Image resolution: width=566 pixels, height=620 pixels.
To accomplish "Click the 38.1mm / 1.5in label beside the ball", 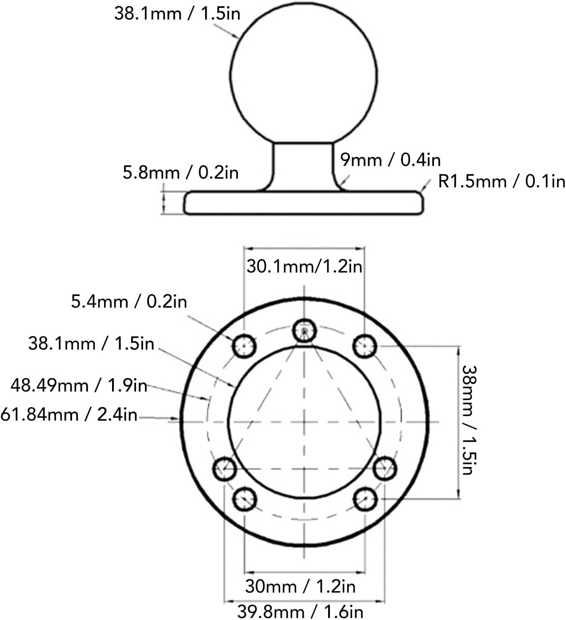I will click(x=177, y=13).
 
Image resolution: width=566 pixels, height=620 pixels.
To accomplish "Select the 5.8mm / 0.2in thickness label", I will click(x=181, y=172).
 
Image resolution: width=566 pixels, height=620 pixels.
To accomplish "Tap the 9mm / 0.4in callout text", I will click(x=390, y=160).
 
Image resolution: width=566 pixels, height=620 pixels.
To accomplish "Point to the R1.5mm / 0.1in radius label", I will click(x=502, y=181).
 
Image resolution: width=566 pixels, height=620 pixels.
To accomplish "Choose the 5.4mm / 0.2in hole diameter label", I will click(x=129, y=302).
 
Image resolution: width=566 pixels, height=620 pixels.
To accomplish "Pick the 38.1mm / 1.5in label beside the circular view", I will click(x=91, y=344).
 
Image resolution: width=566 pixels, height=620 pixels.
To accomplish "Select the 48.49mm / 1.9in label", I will click(x=79, y=385).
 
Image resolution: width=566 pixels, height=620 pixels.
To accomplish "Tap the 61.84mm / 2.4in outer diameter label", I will click(x=69, y=415).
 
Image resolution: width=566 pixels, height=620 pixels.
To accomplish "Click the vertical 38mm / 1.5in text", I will click(x=469, y=420).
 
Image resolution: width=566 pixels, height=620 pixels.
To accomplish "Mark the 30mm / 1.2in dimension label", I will click(x=300, y=587).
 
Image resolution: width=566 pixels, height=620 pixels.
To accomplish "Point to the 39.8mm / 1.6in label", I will click(x=300, y=612).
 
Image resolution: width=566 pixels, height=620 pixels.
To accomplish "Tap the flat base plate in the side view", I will click(x=304, y=204).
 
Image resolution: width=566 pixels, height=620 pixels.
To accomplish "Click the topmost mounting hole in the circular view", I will click(x=304, y=330).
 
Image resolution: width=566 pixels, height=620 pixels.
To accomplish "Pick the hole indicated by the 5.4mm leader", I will click(x=244, y=345).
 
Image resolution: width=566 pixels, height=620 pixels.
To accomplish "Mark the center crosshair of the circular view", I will click(x=304, y=422).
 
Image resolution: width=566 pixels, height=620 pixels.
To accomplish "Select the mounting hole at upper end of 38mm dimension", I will click(x=365, y=345).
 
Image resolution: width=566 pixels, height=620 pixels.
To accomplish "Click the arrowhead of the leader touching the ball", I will click(x=237, y=38).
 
